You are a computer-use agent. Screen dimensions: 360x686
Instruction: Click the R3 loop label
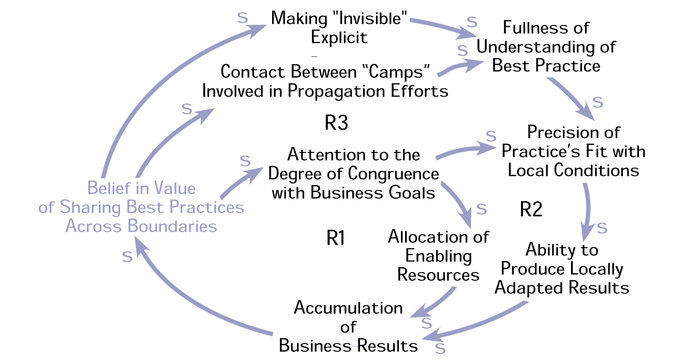336,124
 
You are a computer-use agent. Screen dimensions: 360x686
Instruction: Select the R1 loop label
336,238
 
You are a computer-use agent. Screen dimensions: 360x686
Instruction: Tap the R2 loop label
531,210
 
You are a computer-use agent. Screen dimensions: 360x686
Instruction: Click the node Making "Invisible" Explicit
340,27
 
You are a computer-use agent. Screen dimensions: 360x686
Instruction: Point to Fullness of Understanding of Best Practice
546,47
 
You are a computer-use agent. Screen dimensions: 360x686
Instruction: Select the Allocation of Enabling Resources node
438,256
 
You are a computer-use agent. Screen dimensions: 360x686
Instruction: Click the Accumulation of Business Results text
348,326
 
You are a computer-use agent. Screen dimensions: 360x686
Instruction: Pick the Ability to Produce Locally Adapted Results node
562,269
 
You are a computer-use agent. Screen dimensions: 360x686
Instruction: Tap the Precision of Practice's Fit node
573,151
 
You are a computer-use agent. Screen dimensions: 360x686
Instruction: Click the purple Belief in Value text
141,188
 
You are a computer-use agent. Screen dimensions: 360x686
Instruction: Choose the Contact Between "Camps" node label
325,81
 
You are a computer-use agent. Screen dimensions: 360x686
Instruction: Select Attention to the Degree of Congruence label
353,173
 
